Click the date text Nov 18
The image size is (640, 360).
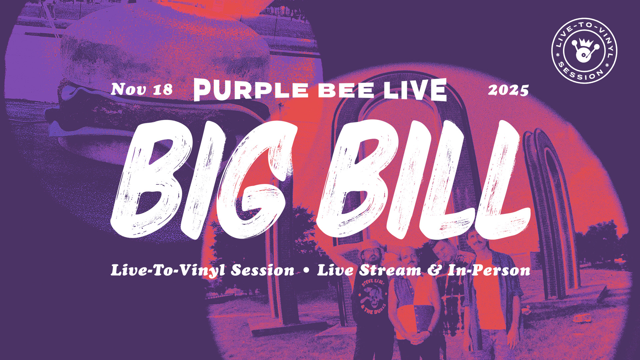pos(142,89)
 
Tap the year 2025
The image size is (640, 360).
pos(508,90)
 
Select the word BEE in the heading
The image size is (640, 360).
pos(346,90)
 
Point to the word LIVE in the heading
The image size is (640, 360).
pos(415,90)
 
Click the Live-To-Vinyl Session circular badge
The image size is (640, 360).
pos(584,51)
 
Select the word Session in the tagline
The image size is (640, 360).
pos(263,270)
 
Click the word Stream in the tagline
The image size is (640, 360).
pos(390,270)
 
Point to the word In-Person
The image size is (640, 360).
pos(489,270)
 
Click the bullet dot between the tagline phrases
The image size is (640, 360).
pos(306,271)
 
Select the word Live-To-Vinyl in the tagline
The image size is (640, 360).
pos(169,270)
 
